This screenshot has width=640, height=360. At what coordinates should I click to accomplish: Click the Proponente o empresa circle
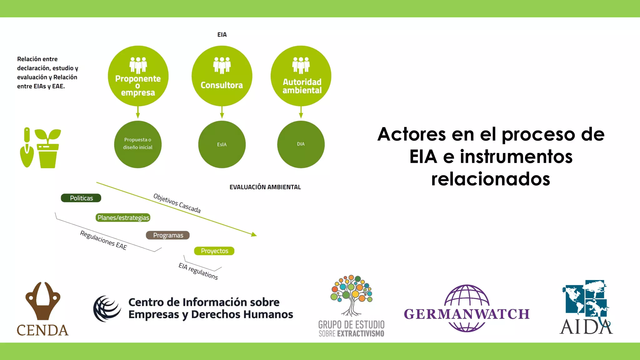(x=138, y=76)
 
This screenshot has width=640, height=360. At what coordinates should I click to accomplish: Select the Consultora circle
(x=222, y=76)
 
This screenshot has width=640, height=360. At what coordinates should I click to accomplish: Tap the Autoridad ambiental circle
(x=301, y=76)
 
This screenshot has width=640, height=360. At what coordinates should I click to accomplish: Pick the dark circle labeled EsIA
(x=222, y=144)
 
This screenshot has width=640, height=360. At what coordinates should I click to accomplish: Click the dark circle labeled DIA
(x=301, y=144)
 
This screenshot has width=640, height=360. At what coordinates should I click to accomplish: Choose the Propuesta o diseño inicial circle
(x=137, y=144)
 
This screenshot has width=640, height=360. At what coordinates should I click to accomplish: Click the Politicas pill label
(x=81, y=198)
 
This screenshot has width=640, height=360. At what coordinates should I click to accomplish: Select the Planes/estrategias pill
(x=123, y=218)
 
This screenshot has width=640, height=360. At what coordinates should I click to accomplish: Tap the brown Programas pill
(x=168, y=235)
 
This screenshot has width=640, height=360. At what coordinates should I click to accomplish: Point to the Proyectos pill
(x=214, y=251)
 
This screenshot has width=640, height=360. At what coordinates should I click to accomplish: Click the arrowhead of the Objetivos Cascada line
(x=254, y=234)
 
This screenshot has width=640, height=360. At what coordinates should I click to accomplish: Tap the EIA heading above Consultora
(x=222, y=35)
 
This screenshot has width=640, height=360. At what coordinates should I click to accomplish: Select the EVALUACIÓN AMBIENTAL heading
(x=265, y=187)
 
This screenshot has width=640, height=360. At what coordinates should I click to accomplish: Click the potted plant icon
(x=48, y=149)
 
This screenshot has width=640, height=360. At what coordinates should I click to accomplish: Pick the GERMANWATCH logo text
(x=467, y=314)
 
